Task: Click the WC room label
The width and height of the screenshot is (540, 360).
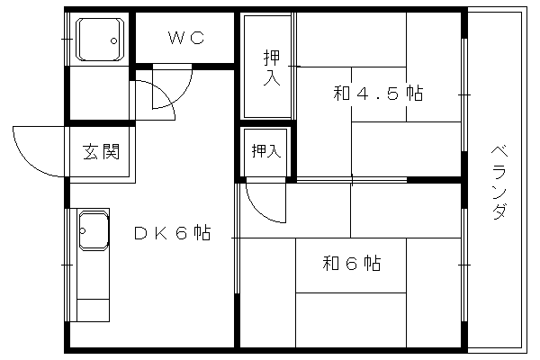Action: [x=186, y=38]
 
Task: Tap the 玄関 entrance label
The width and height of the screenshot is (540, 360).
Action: [x=101, y=151]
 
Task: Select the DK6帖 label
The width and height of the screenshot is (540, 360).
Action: [x=172, y=232]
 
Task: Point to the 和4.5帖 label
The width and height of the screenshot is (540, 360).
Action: [x=378, y=93]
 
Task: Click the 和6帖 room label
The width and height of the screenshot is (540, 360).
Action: [x=352, y=264]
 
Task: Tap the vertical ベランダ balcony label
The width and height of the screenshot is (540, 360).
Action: [x=499, y=183]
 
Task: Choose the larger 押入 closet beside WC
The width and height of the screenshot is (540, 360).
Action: [x=272, y=67]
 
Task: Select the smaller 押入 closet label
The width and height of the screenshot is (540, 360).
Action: [x=265, y=151]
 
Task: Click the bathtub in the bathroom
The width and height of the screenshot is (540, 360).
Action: [x=100, y=39]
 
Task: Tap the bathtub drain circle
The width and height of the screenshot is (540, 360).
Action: [x=113, y=41]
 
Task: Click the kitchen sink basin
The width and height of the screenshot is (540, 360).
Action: [x=94, y=230]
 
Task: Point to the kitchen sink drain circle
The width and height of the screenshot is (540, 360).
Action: [x=82, y=230]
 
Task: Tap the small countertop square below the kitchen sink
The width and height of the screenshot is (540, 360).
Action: [x=93, y=310]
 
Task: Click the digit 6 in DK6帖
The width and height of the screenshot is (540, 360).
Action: [x=182, y=233]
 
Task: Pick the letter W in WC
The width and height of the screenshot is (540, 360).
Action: [x=176, y=38]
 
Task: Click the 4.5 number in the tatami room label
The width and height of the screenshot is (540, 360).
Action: [x=378, y=94]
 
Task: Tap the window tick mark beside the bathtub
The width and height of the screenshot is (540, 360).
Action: [x=67, y=39]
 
